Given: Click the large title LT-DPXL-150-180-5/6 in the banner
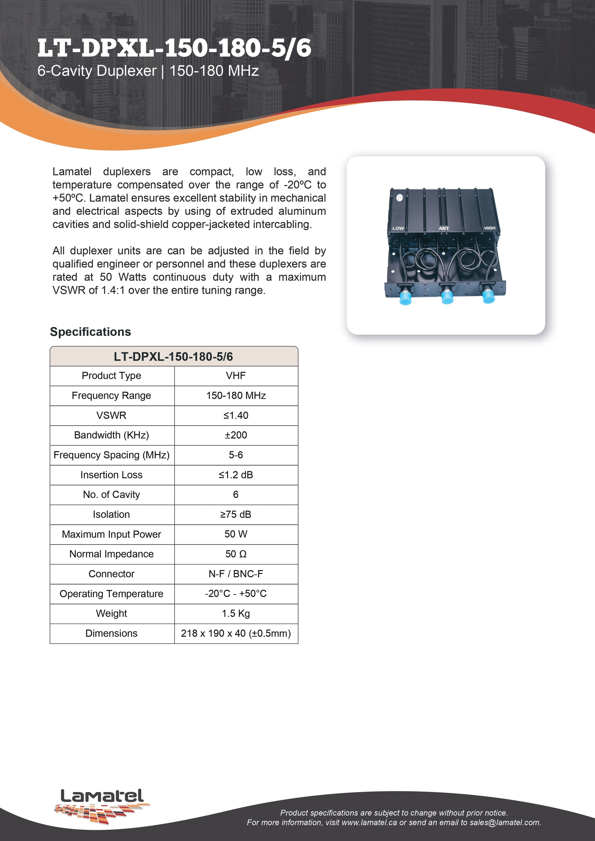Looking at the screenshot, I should pyautogui.click(x=174, y=49).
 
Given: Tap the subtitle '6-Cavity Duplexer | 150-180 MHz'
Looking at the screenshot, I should pyautogui.click(x=148, y=71).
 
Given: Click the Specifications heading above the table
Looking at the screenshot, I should pyautogui.click(x=91, y=332).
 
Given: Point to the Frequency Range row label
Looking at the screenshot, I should pyautogui.click(x=111, y=395).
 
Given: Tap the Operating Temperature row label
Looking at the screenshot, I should pyautogui.click(x=111, y=594).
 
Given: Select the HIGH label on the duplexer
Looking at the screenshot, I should pyautogui.click(x=490, y=228).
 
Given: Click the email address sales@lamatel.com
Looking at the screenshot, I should pyautogui.click(x=505, y=822).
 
